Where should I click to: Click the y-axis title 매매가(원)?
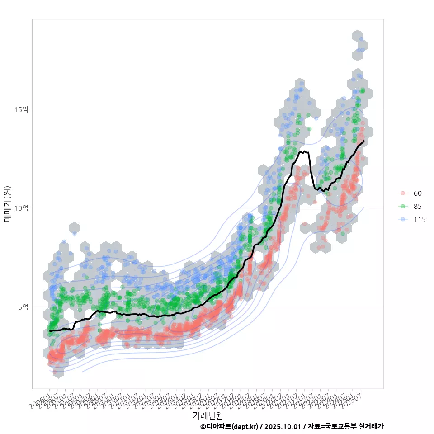click(8, 204)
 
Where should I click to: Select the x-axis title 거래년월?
click(208, 415)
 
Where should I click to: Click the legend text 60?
click(418, 193)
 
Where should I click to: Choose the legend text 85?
click(418, 207)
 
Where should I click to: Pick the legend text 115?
click(420, 220)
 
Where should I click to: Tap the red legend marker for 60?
click(402, 193)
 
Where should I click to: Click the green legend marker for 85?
click(402, 207)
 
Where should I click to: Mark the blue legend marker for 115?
click(402, 220)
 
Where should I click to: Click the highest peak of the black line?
click(305, 151)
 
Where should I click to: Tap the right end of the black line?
click(364, 141)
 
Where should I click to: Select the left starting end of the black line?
click(50, 331)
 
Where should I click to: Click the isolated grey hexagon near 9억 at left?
click(75, 228)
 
